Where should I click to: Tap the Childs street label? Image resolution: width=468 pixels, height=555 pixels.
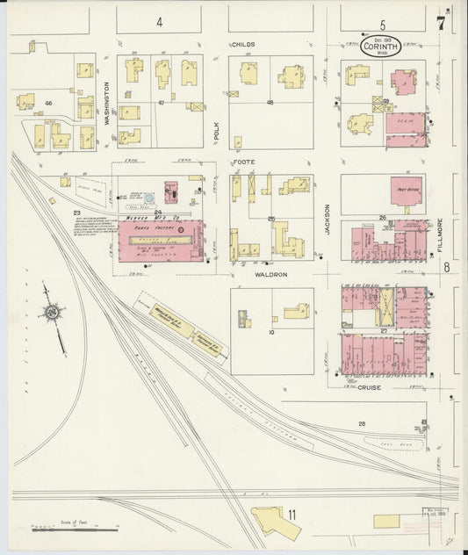tap(243, 44)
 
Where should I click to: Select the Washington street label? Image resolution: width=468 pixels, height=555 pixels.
tap(107, 105)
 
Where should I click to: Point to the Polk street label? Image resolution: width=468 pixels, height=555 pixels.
tap(216, 131)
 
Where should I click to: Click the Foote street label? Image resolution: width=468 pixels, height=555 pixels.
tap(243, 162)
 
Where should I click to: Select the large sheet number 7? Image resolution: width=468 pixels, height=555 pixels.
tap(440, 24)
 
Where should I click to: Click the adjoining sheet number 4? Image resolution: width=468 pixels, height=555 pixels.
tap(160, 22)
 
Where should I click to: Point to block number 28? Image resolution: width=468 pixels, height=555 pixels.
tap(362, 424)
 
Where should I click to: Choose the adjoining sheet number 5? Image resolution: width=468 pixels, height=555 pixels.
tap(383, 25)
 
